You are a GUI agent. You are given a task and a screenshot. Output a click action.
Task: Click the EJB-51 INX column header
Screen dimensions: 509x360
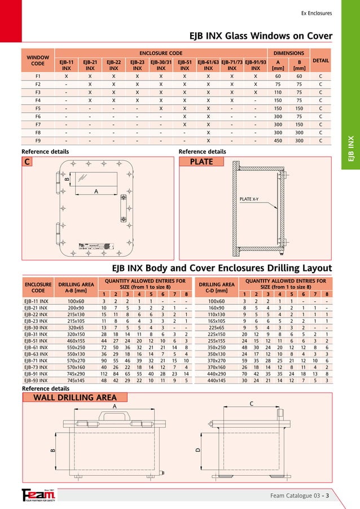[x=185, y=65]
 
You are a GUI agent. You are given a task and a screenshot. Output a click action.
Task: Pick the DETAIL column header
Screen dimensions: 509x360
[x=321, y=60]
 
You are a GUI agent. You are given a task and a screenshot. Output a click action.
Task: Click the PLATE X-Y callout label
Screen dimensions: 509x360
[x=249, y=199]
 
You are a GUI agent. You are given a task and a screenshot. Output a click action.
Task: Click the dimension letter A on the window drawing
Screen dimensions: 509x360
[x=95, y=191]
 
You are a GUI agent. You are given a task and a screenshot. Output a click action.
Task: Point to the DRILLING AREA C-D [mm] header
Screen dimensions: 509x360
[x=217, y=288]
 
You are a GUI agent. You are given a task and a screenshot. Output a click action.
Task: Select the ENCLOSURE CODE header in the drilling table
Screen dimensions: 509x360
[x=38, y=288]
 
